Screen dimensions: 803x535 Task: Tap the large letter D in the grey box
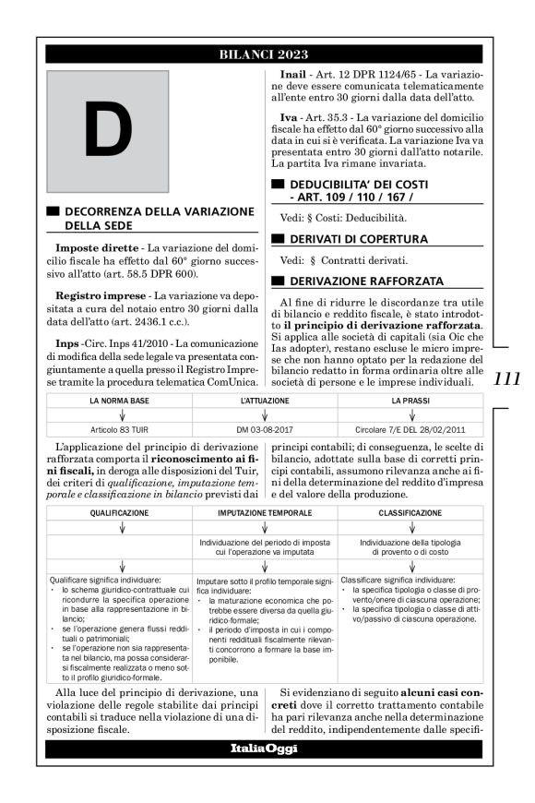pyautogui.click(x=108, y=128)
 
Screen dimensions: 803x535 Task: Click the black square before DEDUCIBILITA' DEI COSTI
pyautogui.click(x=278, y=186)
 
